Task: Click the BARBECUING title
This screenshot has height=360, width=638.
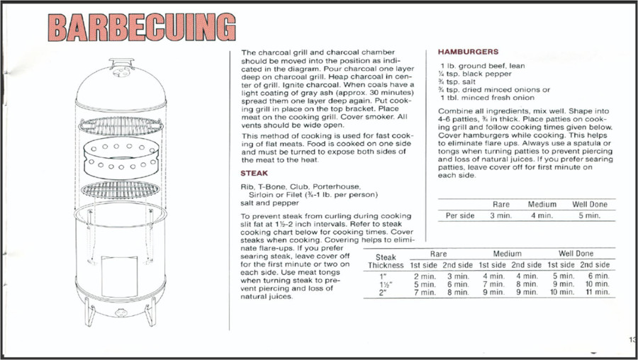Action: (141, 28)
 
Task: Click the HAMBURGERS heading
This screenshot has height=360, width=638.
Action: (468, 52)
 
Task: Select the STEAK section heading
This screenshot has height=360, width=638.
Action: (254, 172)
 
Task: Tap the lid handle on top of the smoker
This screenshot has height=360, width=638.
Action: (119, 62)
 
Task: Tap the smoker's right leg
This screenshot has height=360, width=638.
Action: (150, 312)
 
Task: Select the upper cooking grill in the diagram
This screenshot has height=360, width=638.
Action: (119, 126)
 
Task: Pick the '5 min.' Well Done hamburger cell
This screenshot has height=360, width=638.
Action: (589, 215)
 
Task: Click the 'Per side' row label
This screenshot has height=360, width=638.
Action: (460, 215)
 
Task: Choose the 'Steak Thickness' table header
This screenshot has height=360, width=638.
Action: (386, 261)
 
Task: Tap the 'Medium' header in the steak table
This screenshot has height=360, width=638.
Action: (507, 253)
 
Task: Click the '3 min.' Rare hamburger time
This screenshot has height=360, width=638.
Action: (501, 215)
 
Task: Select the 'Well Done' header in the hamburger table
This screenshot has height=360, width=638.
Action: (590, 205)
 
